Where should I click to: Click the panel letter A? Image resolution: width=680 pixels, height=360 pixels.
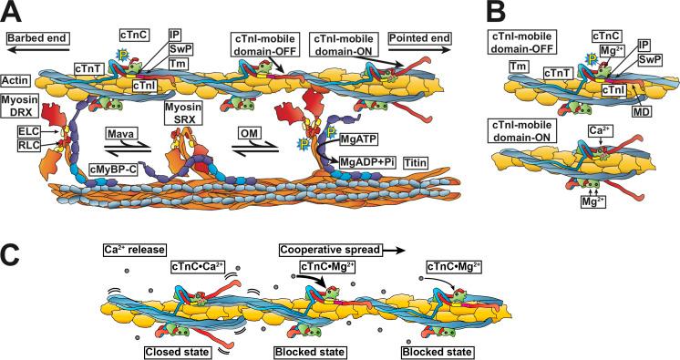coord(13,14)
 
